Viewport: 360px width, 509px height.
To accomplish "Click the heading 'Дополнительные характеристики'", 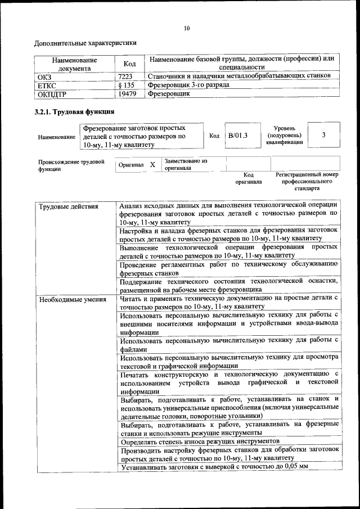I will tap(85, 43).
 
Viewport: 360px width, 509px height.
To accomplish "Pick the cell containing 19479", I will tap(128, 94).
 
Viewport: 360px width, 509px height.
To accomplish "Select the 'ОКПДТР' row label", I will tap(52, 94).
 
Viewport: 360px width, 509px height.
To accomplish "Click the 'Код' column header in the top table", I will tap(129, 64).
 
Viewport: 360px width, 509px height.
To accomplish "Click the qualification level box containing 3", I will tap(323, 135).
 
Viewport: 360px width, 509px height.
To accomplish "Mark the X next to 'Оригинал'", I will tap(152, 165).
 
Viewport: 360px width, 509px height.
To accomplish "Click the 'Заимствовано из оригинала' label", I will tap(186, 164).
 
